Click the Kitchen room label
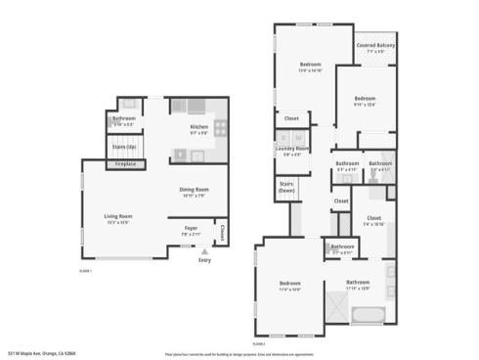(199, 127)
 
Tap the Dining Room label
(194, 191)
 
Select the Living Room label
(118, 217)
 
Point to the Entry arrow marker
(204, 251)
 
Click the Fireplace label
(125, 164)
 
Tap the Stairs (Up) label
(124, 147)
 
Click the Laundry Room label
(292, 149)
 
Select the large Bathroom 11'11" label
(358, 284)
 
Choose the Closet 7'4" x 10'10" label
(373, 219)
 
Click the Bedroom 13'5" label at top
(310, 67)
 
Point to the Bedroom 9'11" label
(365, 100)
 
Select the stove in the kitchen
(221, 127)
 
